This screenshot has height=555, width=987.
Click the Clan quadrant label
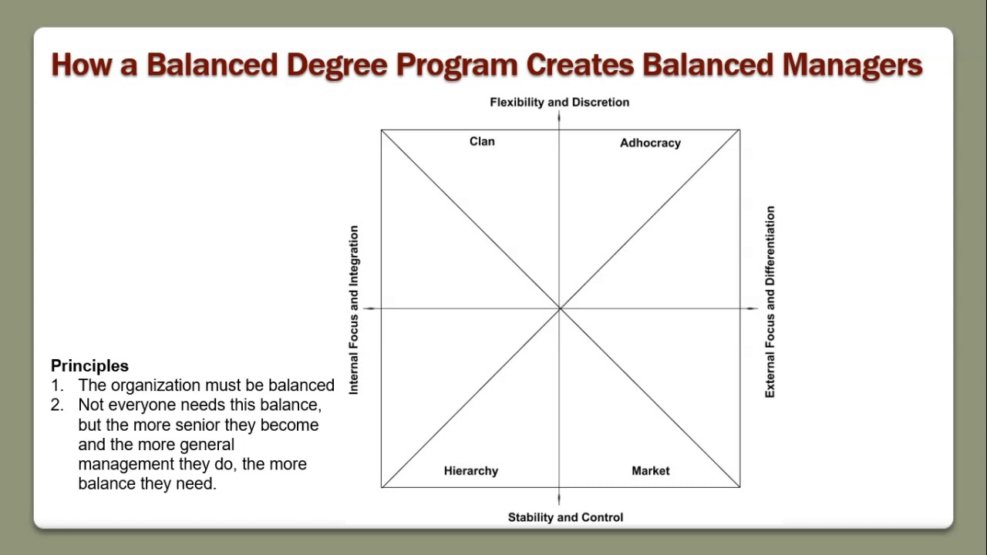point(482,141)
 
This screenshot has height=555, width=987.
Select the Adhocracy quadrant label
point(650,143)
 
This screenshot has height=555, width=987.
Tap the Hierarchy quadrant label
point(470,471)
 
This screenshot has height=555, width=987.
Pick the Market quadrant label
point(650,471)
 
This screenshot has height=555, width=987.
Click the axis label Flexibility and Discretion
point(559,102)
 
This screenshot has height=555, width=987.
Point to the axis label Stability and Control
point(565,517)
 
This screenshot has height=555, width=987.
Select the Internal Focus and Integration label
point(354,310)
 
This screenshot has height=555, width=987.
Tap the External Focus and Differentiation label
point(770,301)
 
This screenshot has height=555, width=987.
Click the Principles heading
point(89,366)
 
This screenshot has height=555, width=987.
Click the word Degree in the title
point(337,65)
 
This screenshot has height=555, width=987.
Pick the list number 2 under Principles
point(56,405)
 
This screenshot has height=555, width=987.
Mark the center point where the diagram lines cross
point(560,308)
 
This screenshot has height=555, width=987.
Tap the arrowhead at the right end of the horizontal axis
point(753,308)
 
